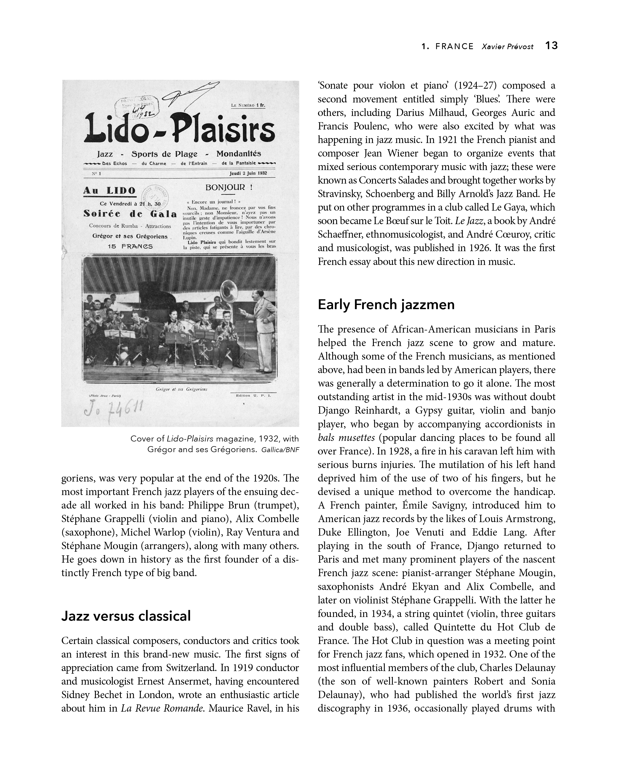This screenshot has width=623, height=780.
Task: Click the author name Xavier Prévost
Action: tap(507, 47)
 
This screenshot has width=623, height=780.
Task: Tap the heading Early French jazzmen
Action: tap(386, 305)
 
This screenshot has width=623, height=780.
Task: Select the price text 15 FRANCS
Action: tap(130, 246)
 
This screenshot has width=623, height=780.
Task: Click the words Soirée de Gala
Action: tap(130, 214)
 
